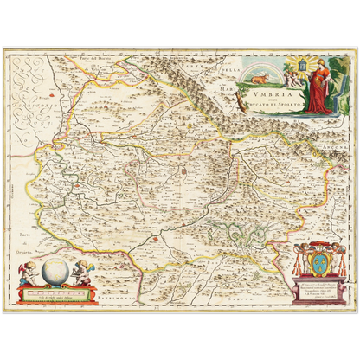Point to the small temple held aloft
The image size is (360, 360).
pyautogui.click(x=300, y=66)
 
